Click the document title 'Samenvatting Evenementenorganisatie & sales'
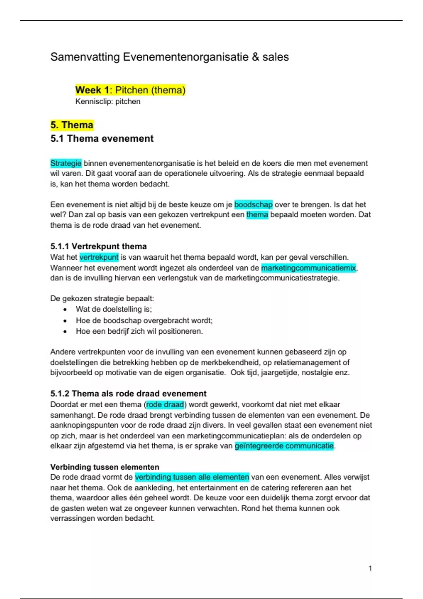(x=170, y=57)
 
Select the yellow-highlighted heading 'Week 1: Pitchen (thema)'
(x=130, y=90)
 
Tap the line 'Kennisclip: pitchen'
(x=108, y=101)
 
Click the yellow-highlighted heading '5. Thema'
(x=72, y=125)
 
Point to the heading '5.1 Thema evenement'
(x=102, y=138)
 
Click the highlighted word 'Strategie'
(x=66, y=163)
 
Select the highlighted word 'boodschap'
(x=253, y=205)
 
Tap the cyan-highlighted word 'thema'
(x=257, y=215)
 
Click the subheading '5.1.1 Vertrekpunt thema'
(x=98, y=246)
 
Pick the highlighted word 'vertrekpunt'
(x=99, y=257)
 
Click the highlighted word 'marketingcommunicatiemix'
(x=308, y=268)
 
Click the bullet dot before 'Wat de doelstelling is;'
(x=65, y=310)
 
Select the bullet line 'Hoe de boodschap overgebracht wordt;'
(x=144, y=321)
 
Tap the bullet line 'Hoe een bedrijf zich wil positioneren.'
(x=139, y=331)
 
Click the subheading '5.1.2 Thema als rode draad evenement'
(x=128, y=394)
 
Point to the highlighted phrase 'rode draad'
(x=165, y=405)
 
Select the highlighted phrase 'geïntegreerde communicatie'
(x=284, y=446)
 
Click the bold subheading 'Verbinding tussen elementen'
(x=105, y=467)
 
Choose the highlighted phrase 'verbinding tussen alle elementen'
(x=192, y=477)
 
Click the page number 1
(x=370, y=568)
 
